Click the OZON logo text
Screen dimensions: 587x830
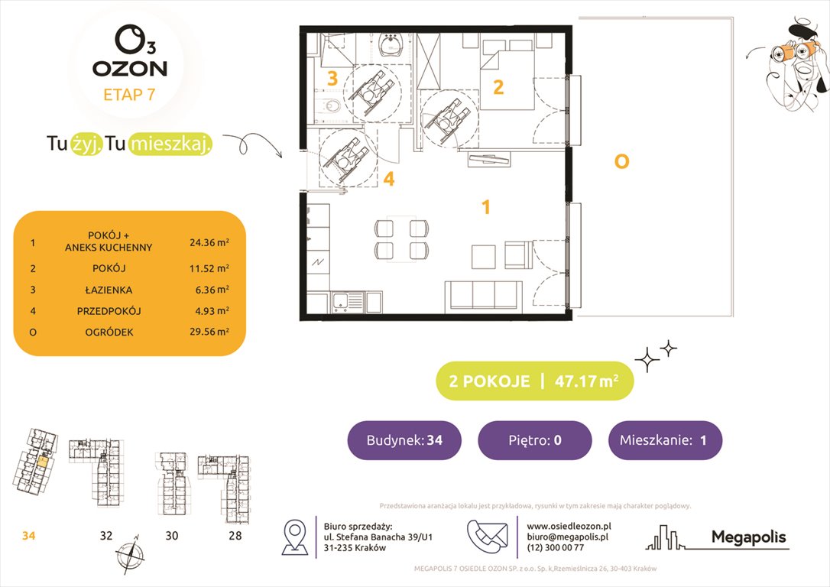coord(130,69)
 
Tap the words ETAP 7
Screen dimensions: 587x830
coord(130,95)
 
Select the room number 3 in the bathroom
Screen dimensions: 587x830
coord(332,78)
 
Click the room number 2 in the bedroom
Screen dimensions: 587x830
coord(498,87)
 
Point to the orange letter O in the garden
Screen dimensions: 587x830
coord(621,161)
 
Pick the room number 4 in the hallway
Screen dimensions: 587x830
coord(388,180)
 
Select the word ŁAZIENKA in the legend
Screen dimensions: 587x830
coord(109,290)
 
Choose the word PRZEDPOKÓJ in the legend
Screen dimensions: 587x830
coord(109,311)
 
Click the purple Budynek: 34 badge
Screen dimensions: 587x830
coord(404,440)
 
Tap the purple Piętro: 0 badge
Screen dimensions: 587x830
coord(534,440)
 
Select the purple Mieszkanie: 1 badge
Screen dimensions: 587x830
coord(665,440)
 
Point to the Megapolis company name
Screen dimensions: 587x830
coord(748,537)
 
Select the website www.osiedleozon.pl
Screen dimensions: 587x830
coord(569,526)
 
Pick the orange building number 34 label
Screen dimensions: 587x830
coord(28,536)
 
